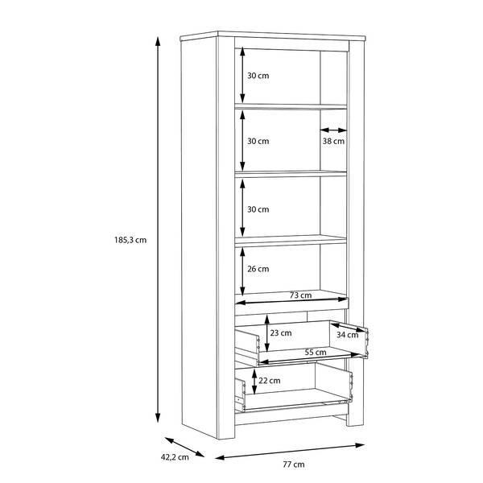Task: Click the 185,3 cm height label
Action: coord(130,240)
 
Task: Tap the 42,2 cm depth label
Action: coord(175,457)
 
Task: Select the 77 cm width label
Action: coord(294,464)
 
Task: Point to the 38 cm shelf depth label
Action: coord(333,141)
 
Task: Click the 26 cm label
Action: coord(258,269)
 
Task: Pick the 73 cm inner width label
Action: coord(300,295)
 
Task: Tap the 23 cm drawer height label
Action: coord(281,332)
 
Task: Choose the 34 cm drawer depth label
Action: coord(347,335)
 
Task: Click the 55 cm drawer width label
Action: coord(316,352)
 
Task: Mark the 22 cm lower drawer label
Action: coord(270,381)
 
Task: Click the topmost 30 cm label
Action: coord(258,76)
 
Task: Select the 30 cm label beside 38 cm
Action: coord(258,141)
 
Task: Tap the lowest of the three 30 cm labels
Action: coord(258,209)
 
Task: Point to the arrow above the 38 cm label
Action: coord(333,130)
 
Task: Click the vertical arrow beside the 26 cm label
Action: coord(243,271)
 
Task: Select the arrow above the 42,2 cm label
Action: coord(185,447)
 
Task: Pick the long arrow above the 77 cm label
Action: coord(290,452)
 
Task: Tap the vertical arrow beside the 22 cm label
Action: coord(254,382)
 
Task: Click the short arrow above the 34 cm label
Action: coord(348,327)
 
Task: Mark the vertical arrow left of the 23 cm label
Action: coord(267,333)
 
